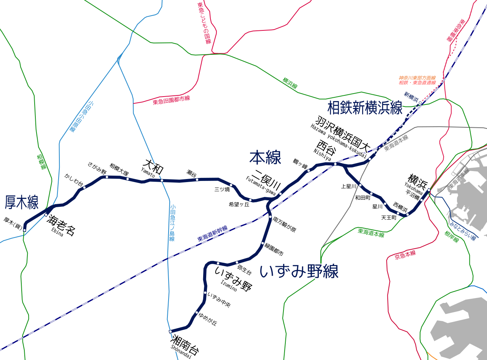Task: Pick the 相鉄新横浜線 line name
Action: pyautogui.click(x=364, y=108)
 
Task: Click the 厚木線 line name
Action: pyautogui.click(x=22, y=203)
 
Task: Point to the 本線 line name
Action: pyautogui.click(x=265, y=157)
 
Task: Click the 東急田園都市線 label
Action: pyautogui.click(x=171, y=100)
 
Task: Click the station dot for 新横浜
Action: pyautogui.click(x=420, y=103)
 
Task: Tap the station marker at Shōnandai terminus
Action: pyautogui.click(x=170, y=331)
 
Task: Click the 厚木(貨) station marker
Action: pyautogui.click(x=24, y=230)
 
